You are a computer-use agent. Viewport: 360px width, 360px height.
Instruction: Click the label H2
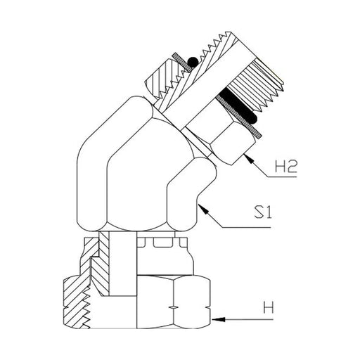(285, 166)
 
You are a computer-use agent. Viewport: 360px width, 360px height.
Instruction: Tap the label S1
(263, 212)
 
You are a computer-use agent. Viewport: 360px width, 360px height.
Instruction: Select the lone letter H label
(269, 307)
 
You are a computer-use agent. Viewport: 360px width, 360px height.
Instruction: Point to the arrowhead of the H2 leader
(249, 159)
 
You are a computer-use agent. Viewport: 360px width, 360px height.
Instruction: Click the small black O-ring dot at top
(193, 62)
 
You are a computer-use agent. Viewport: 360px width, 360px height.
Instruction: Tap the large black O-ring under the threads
(237, 108)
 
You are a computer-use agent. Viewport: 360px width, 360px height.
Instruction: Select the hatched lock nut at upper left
(164, 79)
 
